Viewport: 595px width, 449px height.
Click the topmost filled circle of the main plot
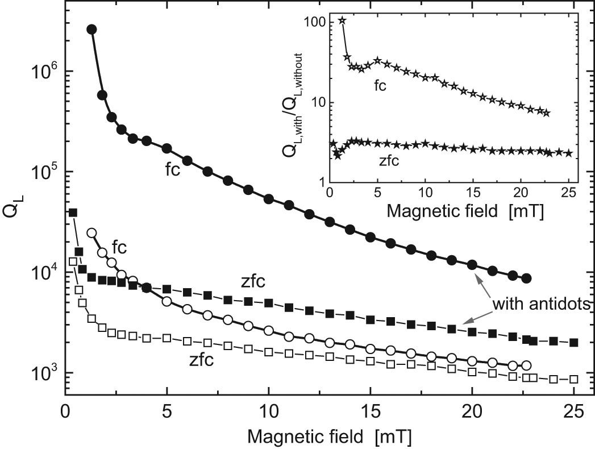click(x=91, y=30)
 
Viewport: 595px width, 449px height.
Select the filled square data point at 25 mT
click(x=573, y=343)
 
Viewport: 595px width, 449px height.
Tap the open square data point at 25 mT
click(x=573, y=379)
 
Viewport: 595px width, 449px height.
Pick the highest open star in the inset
click(x=342, y=20)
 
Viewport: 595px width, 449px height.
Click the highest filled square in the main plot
click(x=72, y=212)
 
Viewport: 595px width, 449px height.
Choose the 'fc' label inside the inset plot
click(x=380, y=85)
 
